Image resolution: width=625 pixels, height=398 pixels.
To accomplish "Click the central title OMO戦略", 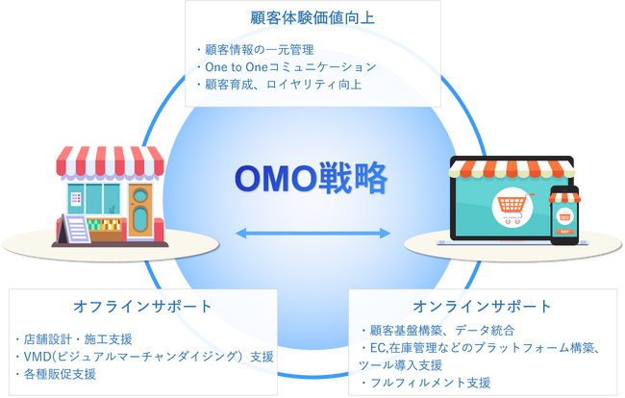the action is point(312,178).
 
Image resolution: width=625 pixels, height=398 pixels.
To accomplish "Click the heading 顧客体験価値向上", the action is point(312,18).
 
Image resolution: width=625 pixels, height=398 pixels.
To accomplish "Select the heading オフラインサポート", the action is point(142,307).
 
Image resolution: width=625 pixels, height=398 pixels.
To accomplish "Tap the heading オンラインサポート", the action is point(483,307).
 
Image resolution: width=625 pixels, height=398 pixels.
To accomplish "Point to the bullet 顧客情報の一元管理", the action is point(255,50).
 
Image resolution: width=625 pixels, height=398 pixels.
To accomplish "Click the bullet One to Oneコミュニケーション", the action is point(287,67).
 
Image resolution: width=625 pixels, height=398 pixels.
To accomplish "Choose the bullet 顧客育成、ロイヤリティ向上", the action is point(279,85).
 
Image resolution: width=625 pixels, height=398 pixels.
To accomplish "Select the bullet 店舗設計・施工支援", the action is point(74,339).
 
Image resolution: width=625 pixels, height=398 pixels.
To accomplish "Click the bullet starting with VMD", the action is point(144,357).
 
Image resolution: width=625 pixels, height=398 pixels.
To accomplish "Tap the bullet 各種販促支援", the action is point(56,374).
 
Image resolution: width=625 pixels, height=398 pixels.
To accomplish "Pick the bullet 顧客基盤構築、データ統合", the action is point(437,331).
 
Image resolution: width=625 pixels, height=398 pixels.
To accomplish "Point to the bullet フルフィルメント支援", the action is point(426,383).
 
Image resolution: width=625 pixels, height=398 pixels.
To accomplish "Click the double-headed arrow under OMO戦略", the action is point(312,233).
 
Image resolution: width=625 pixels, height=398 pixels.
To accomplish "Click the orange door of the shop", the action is point(140,211).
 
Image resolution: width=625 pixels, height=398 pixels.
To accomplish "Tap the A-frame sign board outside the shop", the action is point(74,229).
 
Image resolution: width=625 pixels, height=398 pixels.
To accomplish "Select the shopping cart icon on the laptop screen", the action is point(512,207).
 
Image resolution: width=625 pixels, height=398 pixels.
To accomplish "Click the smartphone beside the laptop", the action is point(564,215).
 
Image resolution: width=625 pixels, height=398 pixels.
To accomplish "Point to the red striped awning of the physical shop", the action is point(110,162).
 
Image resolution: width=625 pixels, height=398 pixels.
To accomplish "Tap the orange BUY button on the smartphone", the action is point(564,232).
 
